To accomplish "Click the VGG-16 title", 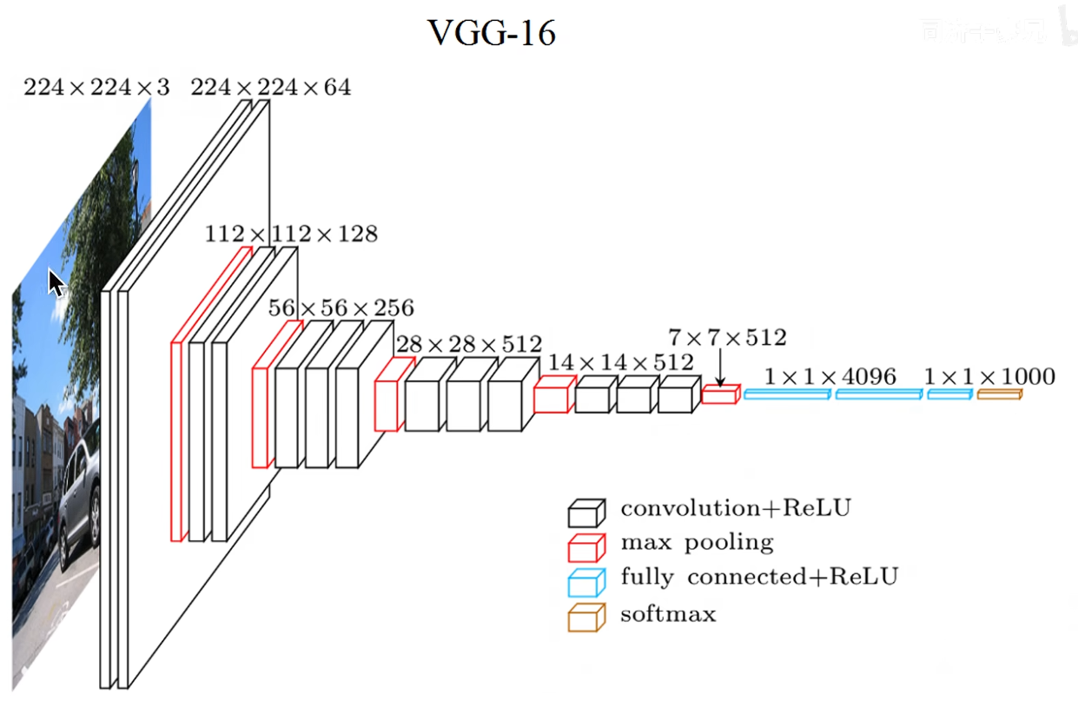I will pyautogui.click(x=492, y=34).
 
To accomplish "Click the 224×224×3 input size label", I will pyautogui.click(x=96, y=87).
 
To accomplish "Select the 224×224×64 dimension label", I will pyautogui.click(x=270, y=87).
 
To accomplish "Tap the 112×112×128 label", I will pyautogui.click(x=291, y=234).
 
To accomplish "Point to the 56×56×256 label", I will pyautogui.click(x=341, y=308).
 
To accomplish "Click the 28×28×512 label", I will pyautogui.click(x=468, y=345).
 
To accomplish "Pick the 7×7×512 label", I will pyautogui.click(x=727, y=337).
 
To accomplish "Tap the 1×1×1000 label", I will pyautogui.click(x=989, y=377).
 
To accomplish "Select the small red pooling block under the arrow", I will pyautogui.click(x=720, y=395).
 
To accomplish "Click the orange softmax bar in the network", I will pyautogui.click(x=999, y=395).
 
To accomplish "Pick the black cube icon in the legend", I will pyautogui.click(x=585, y=513).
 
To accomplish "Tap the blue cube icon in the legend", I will pyautogui.click(x=585, y=582).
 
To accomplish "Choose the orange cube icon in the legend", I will pyautogui.click(x=585, y=618).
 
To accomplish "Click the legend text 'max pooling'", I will pyautogui.click(x=697, y=543).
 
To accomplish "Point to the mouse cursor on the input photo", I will pyautogui.click(x=56, y=282).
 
